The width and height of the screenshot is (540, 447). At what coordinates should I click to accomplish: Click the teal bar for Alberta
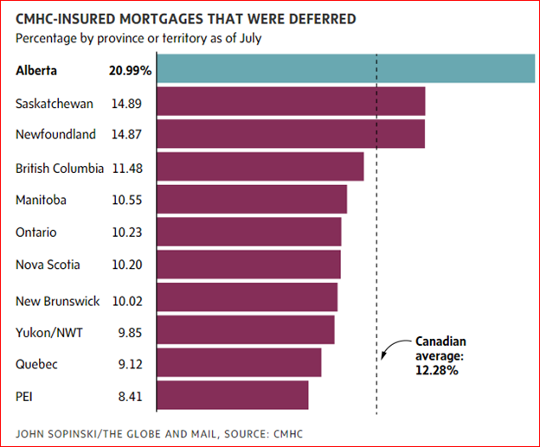click(345, 69)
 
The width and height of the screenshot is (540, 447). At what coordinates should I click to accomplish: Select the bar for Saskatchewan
click(291, 102)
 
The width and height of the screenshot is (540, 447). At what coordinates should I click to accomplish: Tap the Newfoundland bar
click(291, 135)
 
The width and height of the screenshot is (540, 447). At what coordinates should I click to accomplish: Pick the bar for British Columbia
click(260, 167)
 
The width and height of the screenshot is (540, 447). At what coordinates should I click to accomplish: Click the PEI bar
click(232, 395)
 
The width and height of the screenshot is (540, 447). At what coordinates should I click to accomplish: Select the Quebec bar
click(239, 363)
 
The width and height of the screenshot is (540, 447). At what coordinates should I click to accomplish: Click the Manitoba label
click(41, 200)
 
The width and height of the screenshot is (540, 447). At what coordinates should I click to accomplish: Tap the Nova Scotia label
click(46, 265)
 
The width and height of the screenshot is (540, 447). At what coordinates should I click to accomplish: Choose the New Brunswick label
click(57, 301)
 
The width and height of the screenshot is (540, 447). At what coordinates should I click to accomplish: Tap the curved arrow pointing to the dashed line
click(391, 348)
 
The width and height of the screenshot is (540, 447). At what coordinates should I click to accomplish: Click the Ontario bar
click(248, 232)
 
